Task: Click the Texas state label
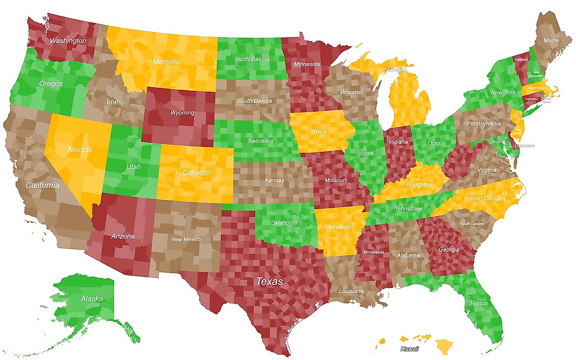pos(269,281)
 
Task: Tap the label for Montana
pos(166,62)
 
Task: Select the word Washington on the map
pos(68,41)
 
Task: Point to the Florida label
pos(479,303)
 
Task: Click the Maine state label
pos(551,41)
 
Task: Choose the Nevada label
pos(80,150)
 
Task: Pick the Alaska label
pos(92,299)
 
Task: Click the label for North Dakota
pos(252,59)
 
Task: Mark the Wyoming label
pos(182,113)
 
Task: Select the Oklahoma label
pos(284,223)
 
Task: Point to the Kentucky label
pos(420,185)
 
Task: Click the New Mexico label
pos(186,239)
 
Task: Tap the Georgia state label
pos(449,250)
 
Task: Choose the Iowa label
pos(319,131)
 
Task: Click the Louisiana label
pos(352,291)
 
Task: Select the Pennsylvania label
pos(483,123)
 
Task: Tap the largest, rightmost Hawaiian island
pos(445,347)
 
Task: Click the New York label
pos(503,93)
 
